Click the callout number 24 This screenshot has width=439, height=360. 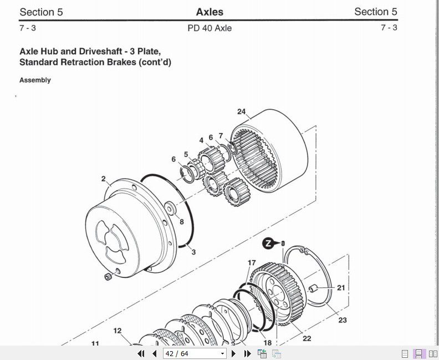tap(241, 111)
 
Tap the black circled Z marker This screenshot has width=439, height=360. tap(268, 243)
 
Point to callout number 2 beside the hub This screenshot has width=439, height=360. tap(104, 179)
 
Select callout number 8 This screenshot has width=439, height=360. tap(181, 222)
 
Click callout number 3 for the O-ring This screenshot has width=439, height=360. tap(193, 252)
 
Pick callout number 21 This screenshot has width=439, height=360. tap(341, 288)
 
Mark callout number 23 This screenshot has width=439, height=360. tap(343, 320)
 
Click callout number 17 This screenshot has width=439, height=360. tap(252, 263)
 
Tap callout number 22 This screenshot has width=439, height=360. tap(307, 339)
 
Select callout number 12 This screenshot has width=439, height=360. tap(118, 331)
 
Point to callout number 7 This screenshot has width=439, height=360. tap(221, 136)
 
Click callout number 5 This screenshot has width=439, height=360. tap(186, 154)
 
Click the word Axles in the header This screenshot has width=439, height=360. tap(210, 12)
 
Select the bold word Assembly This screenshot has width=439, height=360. tap(35, 80)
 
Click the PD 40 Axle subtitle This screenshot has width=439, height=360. tap(210, 28)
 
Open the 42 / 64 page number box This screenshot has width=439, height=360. tap(195, 353)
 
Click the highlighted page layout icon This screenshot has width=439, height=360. tap(420, 353)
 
